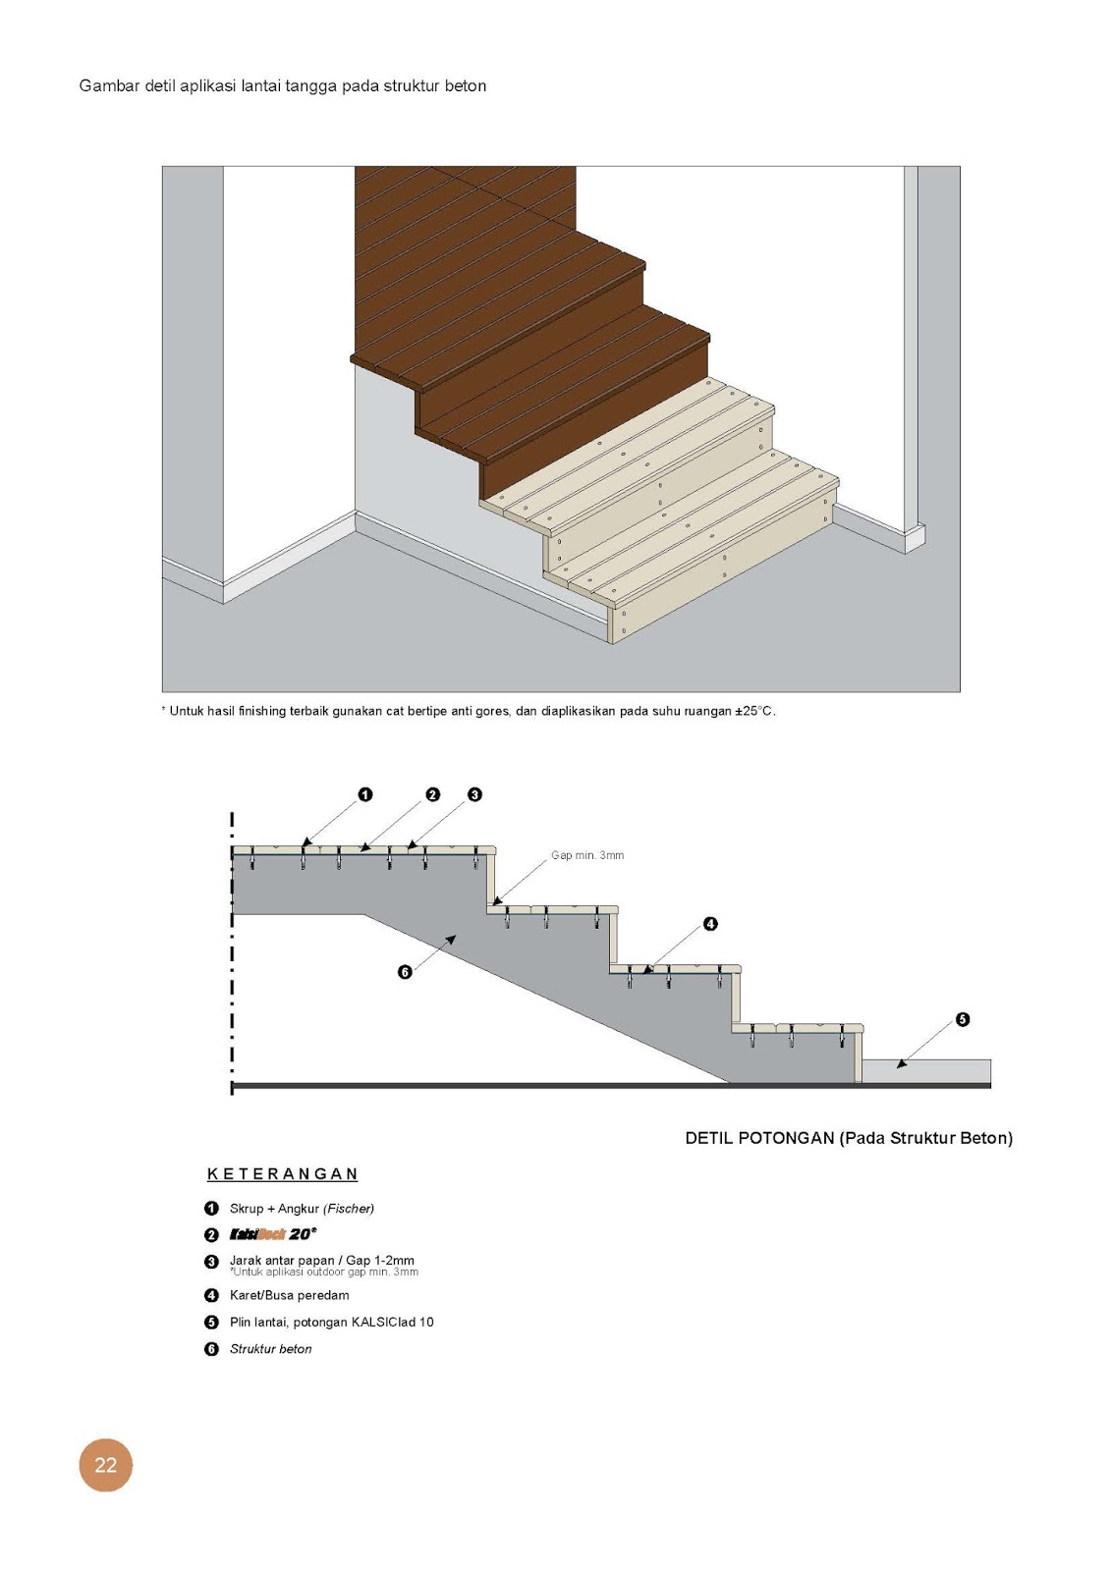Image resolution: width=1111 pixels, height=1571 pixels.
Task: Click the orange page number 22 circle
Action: [x=105, y=1465]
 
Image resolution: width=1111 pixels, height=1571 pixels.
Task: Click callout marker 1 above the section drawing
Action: [x=365, y=794]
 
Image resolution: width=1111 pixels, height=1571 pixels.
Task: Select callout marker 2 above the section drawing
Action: [x=433, y=794]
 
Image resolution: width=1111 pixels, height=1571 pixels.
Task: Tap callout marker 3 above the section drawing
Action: [x=474, y=794]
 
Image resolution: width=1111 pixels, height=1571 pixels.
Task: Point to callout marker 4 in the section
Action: [x=710, y=924]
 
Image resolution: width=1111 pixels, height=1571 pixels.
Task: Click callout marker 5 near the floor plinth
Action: [x=963, y=1019]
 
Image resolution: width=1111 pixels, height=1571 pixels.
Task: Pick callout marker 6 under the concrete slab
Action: [x=405, y=972]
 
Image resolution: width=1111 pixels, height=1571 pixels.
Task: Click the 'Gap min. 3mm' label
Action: [x=587, y=855]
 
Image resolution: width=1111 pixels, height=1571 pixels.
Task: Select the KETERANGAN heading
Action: [x=282, y=1174]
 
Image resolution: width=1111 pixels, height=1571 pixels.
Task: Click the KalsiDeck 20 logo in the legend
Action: [x=273, y=1234]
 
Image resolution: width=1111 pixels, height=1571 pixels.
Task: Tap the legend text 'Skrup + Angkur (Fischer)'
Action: [x=302, y=1209]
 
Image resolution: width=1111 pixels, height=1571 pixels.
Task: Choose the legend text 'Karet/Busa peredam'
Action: [x=289, y=1295]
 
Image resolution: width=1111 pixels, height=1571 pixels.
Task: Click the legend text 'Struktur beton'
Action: [x=270, y=1349]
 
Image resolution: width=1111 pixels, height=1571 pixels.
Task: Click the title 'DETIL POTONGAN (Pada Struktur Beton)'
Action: [x=849, y=1138]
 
